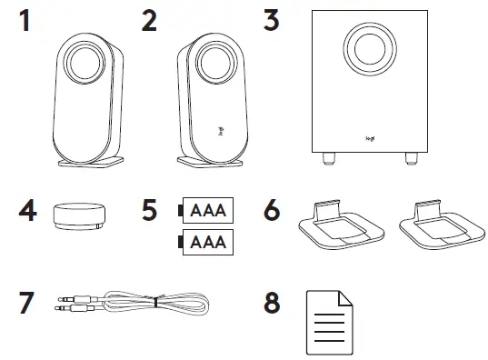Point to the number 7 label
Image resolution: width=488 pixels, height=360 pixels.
[x=28, y=302]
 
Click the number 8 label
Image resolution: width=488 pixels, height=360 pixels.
[x=271, y=302]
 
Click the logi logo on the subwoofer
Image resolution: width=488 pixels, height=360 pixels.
[x=370, y=139]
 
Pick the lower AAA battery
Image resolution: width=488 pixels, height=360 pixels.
[x=206, y=243]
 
